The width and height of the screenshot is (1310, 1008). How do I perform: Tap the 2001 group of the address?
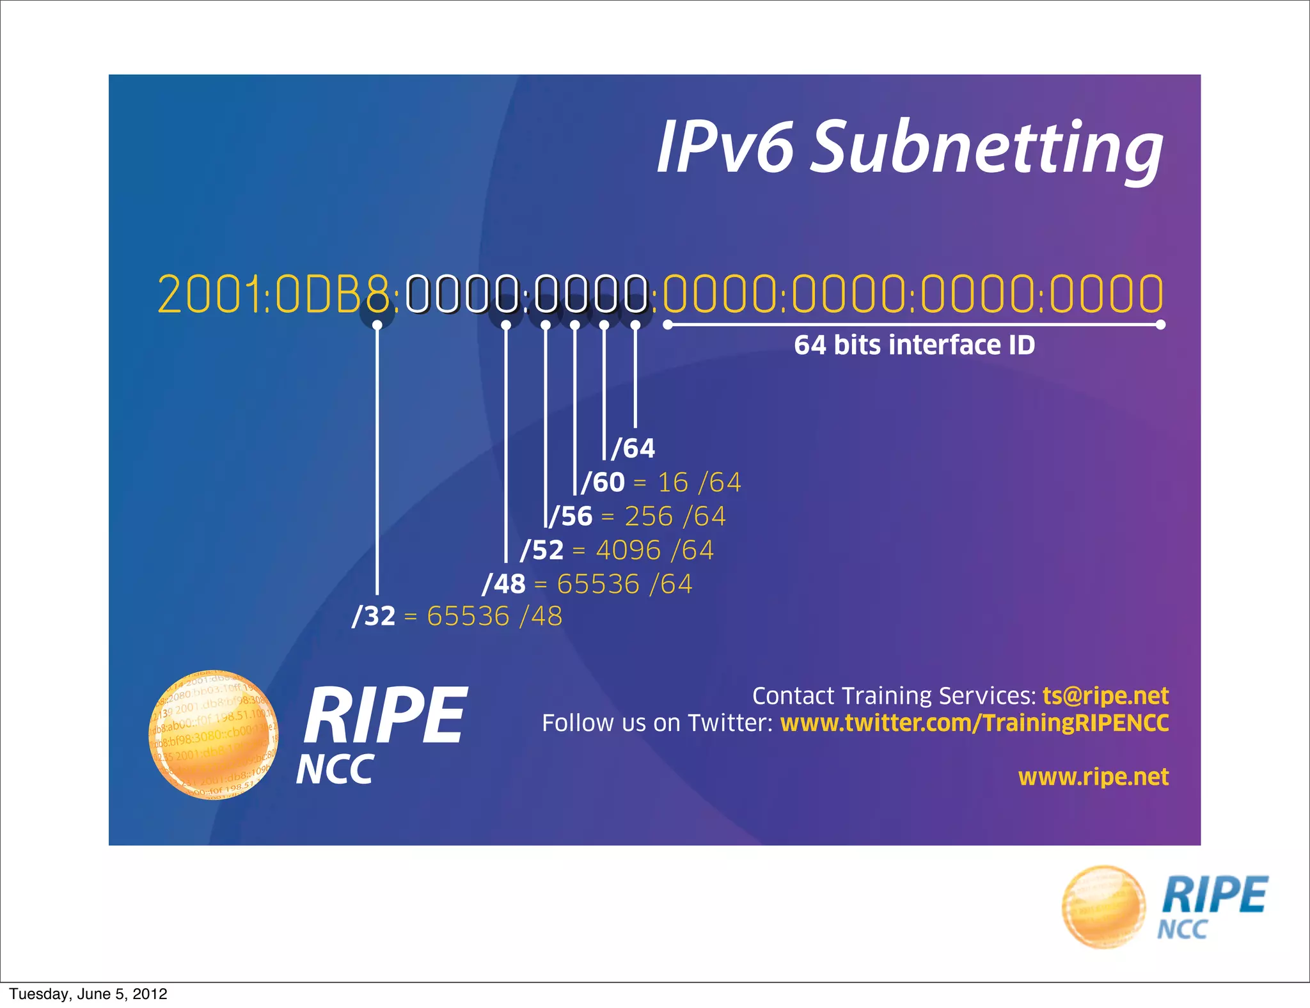click(210, 294)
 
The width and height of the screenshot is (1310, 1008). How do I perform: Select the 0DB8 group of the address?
click(332, 294)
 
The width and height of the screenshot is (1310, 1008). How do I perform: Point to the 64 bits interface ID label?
click(914, 345)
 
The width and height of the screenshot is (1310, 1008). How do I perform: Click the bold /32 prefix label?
click(374, 617)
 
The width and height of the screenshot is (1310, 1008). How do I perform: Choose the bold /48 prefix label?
click(504, 584)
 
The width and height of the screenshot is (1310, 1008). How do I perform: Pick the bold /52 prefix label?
click(542, 550)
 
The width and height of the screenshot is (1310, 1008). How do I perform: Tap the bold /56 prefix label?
click(571, 516)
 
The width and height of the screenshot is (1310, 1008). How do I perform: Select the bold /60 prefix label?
click(603, 482)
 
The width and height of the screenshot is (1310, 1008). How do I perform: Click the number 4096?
click(627, 550)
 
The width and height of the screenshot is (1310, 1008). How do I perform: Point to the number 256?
click(648, 516)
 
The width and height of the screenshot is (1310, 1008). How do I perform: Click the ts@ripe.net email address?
click(1105, 696)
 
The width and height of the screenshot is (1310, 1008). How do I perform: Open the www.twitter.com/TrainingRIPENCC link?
click(974, 723)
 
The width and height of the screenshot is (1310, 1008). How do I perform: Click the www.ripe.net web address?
click(1093, 777)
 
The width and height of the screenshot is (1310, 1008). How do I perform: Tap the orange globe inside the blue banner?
click(213, 736)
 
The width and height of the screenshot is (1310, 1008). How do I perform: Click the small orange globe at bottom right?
click(1103, 906)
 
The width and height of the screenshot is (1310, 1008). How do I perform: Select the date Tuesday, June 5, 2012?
click(88, 994)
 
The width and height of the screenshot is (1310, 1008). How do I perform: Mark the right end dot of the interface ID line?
click(1161, 325)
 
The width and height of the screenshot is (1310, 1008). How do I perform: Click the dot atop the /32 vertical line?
click(377, 325)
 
